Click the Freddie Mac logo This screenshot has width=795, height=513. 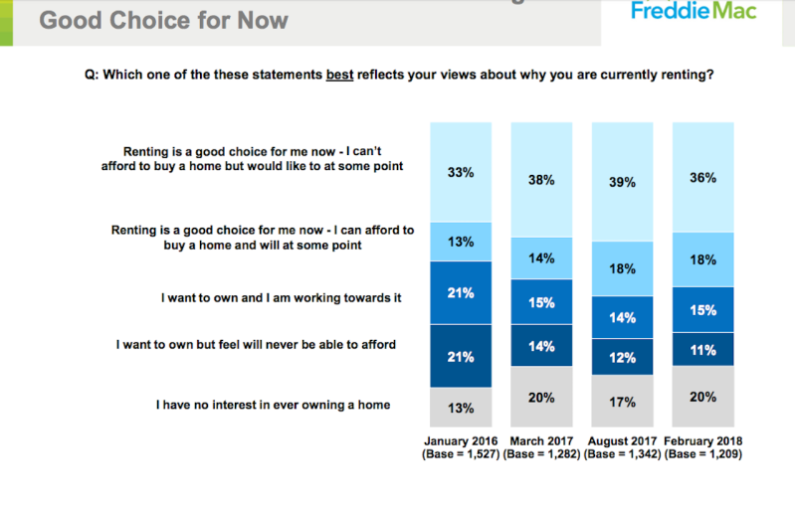[x=694, y=10]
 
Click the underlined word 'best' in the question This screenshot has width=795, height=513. [x=339, y=75]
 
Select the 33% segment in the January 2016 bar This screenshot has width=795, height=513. [x=461, y=172]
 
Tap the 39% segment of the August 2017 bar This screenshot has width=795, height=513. [x=622, y=182]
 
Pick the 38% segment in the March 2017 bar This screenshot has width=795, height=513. [x=541, y=180]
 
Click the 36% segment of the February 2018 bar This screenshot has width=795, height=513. [x=702, y=177]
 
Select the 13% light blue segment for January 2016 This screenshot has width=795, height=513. [x=461, y=242]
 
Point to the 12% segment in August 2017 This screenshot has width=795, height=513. [x=622, y=357]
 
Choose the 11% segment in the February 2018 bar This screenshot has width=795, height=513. [x=702, y=349]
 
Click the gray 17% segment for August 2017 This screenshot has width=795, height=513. [x=622, y=401]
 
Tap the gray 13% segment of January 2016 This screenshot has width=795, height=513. [x=461, y=408]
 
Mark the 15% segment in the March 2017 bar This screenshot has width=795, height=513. [x=541, y=302]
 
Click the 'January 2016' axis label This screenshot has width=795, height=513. [x=461, y=441]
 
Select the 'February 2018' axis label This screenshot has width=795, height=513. [x=702, y=441]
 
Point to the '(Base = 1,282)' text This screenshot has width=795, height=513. [x=541, y=454]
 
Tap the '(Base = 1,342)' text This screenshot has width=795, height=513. [x=622, y=454]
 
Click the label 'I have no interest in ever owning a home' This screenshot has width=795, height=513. [x=274, y=405]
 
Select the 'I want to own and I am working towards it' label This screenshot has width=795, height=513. [x=281, y=298]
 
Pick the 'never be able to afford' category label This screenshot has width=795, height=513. [x=256, y=344]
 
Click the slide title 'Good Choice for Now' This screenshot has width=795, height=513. [x=164, y=21]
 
